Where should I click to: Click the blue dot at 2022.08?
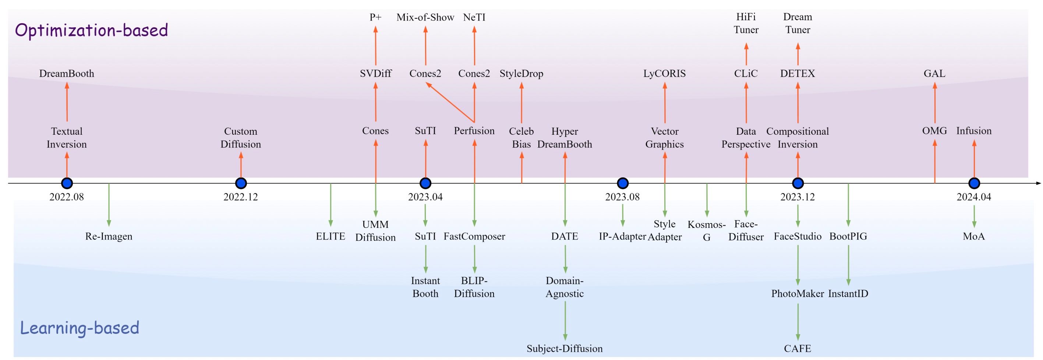tap(67, 183)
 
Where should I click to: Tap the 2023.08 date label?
tap(622, 197)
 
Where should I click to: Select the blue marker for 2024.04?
tap(974, 183)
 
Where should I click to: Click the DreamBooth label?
tap(67, 74)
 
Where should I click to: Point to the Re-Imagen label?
tap(109, 236)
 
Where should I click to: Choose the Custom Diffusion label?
tap(240, 138)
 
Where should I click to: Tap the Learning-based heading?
tap(79, 328)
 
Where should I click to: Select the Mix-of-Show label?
tap(425, 17)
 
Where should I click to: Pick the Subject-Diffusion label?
tap(565, 349)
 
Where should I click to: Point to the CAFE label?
tap(797, 349)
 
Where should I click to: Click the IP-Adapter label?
tap(622, 236)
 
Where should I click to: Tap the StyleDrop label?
tap(521, 74)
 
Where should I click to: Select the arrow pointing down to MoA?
tap(974, 217)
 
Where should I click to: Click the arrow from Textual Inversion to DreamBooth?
tap(67, 102)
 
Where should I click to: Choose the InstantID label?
tap(848, 294)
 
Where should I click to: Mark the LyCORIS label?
tap(664, 74)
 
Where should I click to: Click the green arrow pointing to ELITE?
tap(330, 205)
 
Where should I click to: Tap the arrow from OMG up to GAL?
tap(934, 103)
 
